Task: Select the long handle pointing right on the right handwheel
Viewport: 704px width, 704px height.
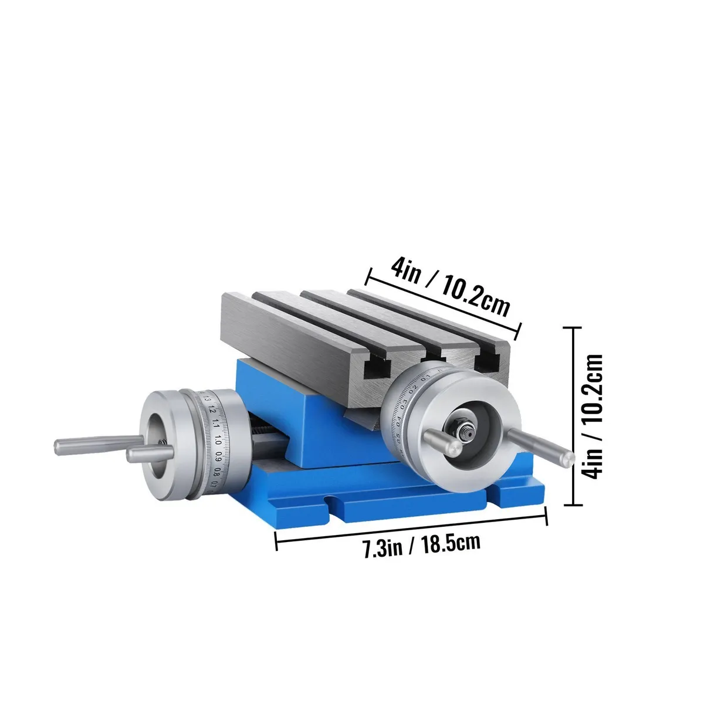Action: coord(539,445)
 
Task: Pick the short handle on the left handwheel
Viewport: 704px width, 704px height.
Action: coord(149,455)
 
